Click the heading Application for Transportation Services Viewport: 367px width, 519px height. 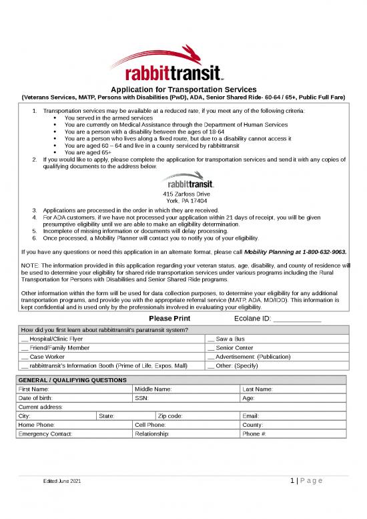[x=183, y=89]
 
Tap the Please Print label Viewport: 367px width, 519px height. [x=169, y=319]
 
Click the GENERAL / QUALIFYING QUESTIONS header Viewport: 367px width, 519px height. [x=73, y=380]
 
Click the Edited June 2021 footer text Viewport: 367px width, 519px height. [x=61, y=500]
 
